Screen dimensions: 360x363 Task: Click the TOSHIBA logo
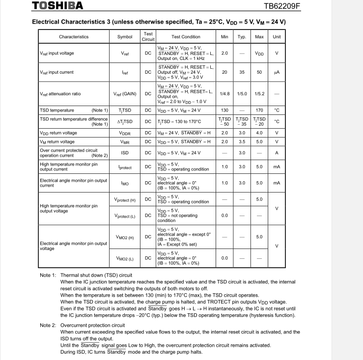tap(57, 6)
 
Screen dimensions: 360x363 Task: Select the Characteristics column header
tap(74, 37)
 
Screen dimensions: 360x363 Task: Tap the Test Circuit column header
tap(148, 37)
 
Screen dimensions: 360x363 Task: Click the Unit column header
tap(277, 37)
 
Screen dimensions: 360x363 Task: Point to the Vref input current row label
tap(56, 72)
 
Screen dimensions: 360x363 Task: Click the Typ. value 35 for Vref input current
tap(242, 72)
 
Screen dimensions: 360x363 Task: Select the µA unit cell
tap(277, 72)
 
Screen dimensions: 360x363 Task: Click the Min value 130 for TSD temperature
tap(224, 110)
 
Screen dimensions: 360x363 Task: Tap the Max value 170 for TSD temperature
tap(259, 110)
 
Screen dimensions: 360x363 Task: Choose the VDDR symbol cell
tap(125, 133)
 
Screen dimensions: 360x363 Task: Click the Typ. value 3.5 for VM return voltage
tap(242, 142)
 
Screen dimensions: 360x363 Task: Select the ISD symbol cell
tap(125, 153)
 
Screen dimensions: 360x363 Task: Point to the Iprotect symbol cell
tap(125, 167)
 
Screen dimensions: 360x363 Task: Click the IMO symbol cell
tap(125, 183)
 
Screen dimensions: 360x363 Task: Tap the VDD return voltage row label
tap(58, 133)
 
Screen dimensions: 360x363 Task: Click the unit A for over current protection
tap(277, 153)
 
